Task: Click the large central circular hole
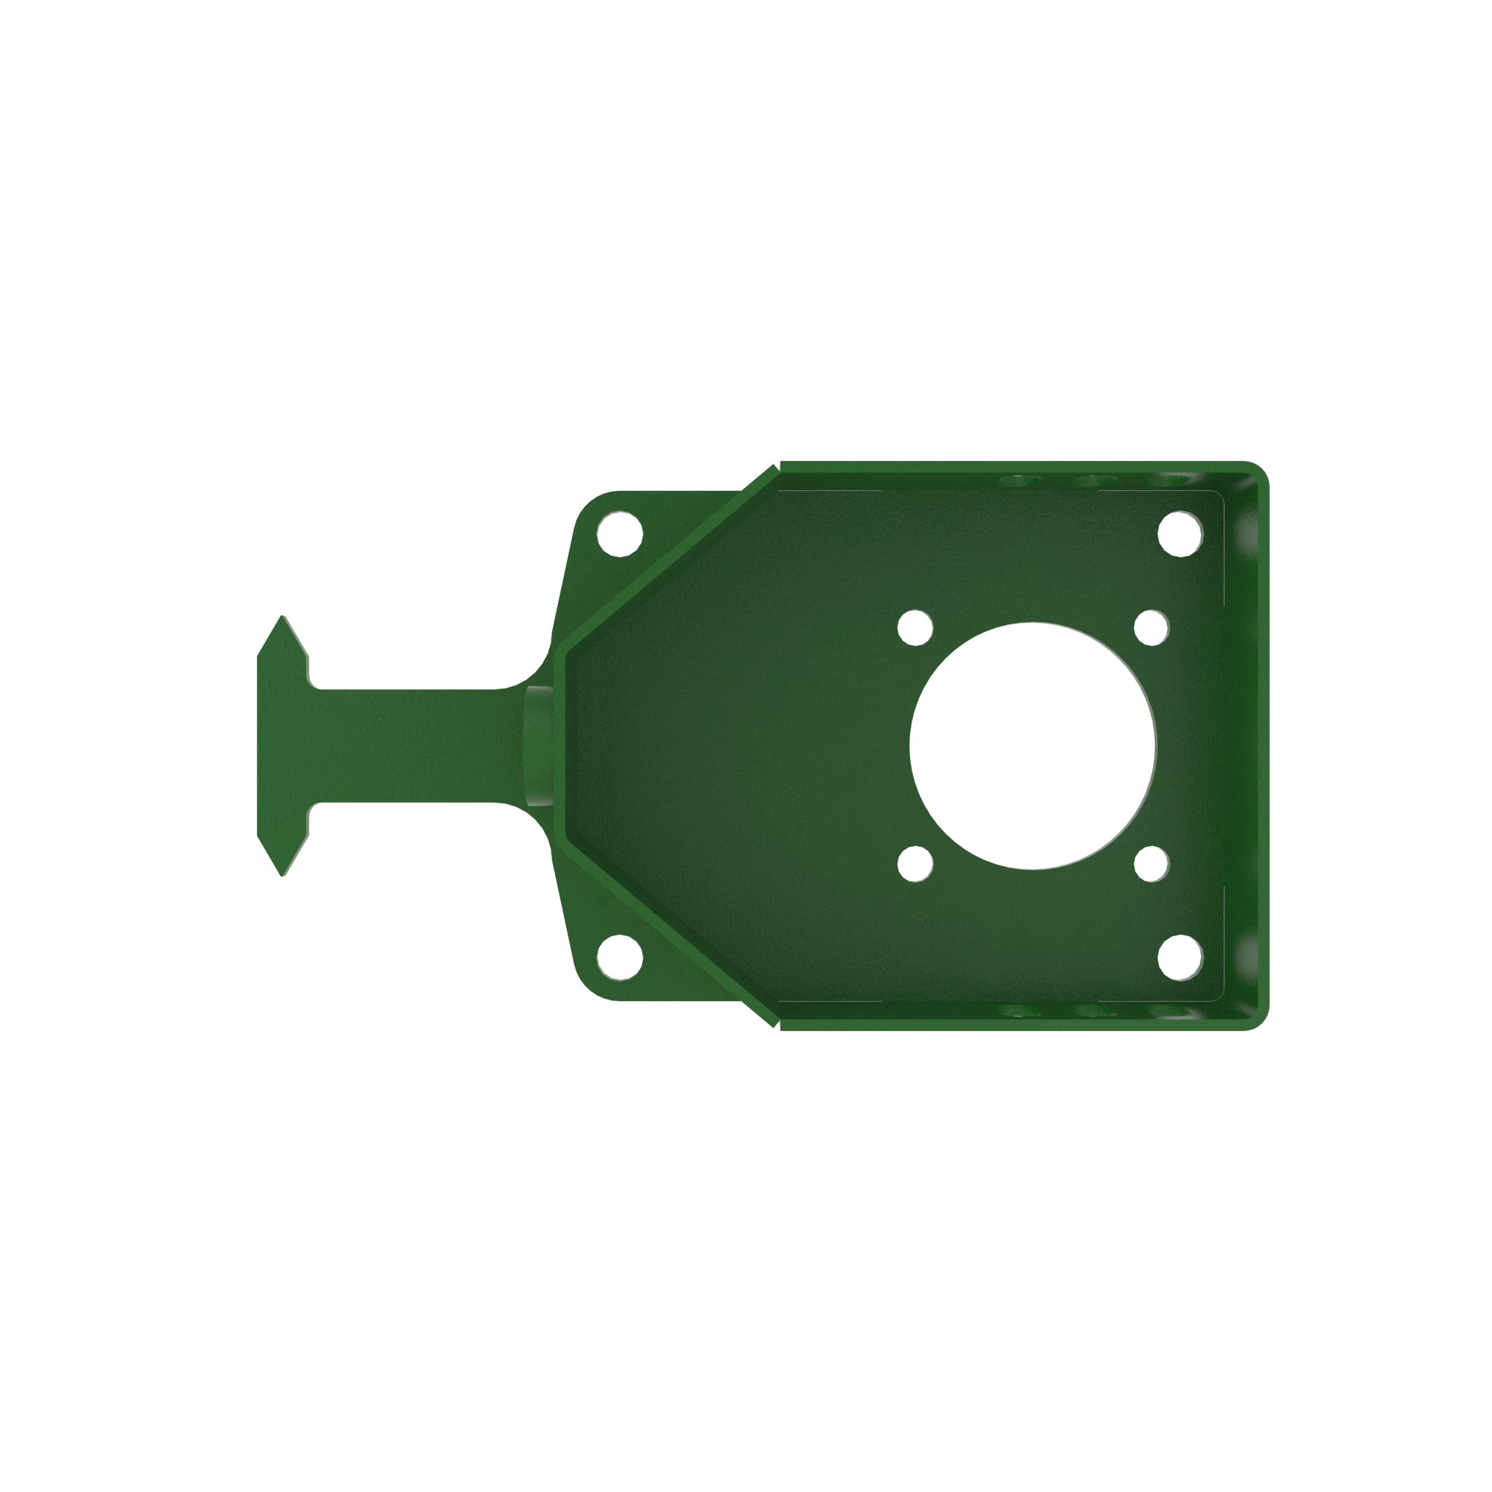coord(1032,745)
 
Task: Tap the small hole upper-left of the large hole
coord(915,627)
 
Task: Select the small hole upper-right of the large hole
coord(1150,627)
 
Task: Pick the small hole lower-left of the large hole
coord(915,863)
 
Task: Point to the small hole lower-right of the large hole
coord(1150,863)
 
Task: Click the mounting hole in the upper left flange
coord(619,533)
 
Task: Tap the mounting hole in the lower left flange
coord(619,958)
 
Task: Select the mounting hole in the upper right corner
coord(1180,533)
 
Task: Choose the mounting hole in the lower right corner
coord(1180,958)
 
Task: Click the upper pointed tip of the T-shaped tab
coord(283,618)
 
